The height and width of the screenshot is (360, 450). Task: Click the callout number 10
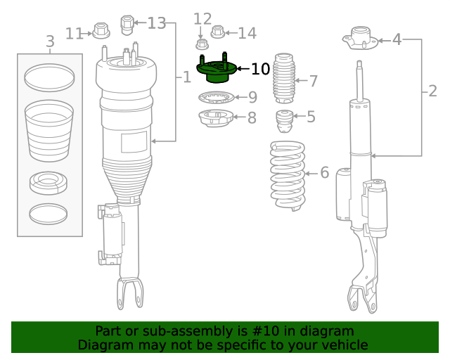(260, 69)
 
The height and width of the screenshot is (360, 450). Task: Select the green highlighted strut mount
(215, 71)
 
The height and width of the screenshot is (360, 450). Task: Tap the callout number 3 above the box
(50, 42)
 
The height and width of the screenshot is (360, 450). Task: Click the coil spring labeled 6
(288, 175)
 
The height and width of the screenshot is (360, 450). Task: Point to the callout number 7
(313, 81)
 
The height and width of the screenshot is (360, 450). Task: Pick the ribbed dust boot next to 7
(284, 78)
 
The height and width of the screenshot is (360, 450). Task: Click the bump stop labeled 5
(284, 122)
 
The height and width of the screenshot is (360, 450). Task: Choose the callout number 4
(397, 39)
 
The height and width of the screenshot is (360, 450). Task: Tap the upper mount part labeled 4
(361, 39)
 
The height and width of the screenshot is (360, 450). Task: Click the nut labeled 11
(100, 32)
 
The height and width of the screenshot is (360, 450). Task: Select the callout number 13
(156, 23)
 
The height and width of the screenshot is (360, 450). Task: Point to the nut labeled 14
(217, 32)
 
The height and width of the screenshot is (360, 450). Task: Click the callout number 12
(202, 18)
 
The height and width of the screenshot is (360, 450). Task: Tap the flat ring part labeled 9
(216, 98)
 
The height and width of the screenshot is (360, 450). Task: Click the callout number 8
(252, 118)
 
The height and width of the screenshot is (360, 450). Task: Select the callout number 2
(432, 90)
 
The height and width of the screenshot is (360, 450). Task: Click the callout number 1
(186, 77)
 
